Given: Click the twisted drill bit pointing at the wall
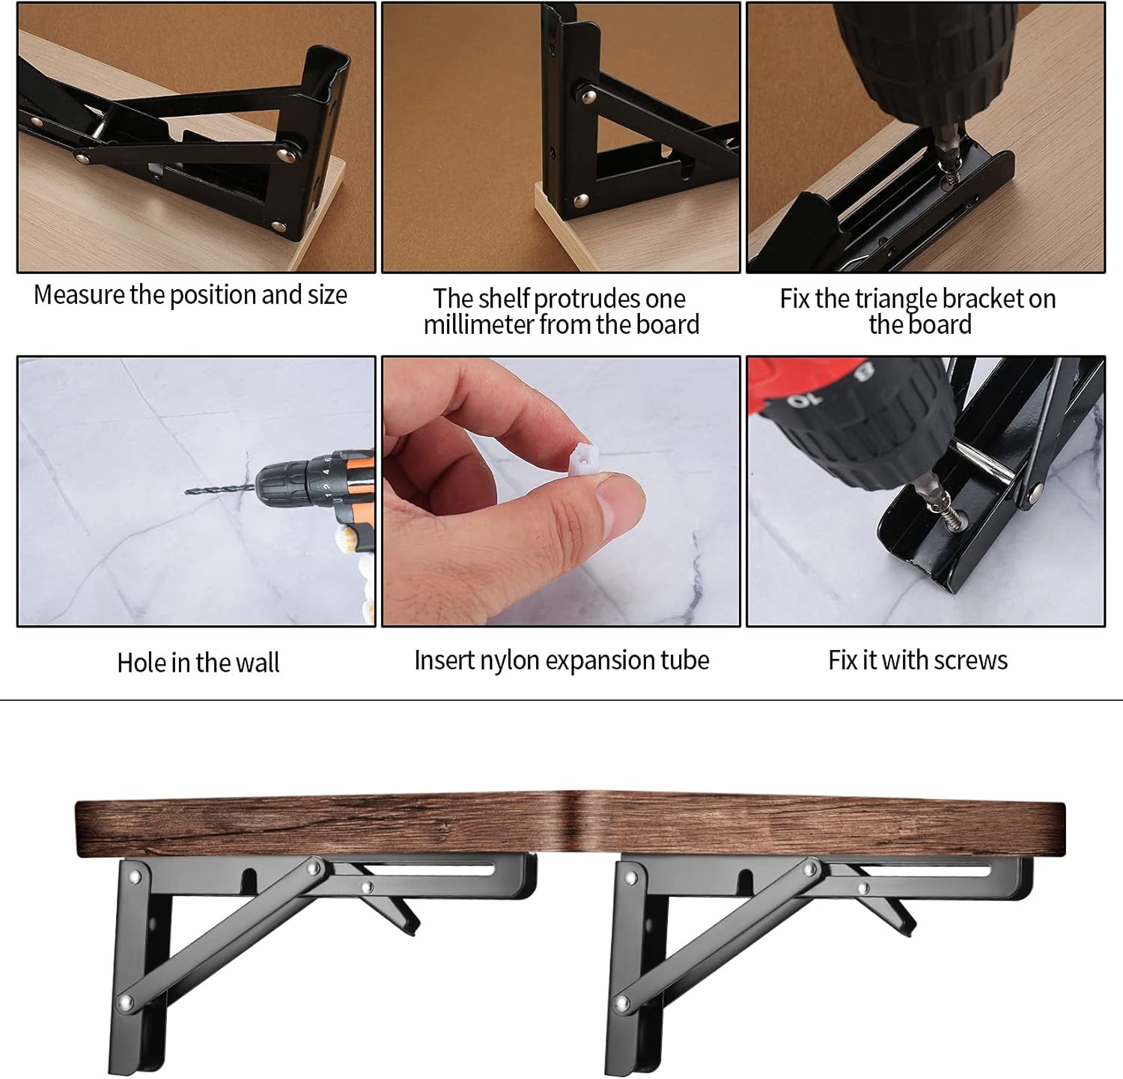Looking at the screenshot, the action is click(x=221, y=492).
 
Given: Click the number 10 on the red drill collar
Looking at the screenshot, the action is click(x=800, y=401).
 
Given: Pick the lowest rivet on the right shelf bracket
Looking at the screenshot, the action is click(x=621, y=1002).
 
